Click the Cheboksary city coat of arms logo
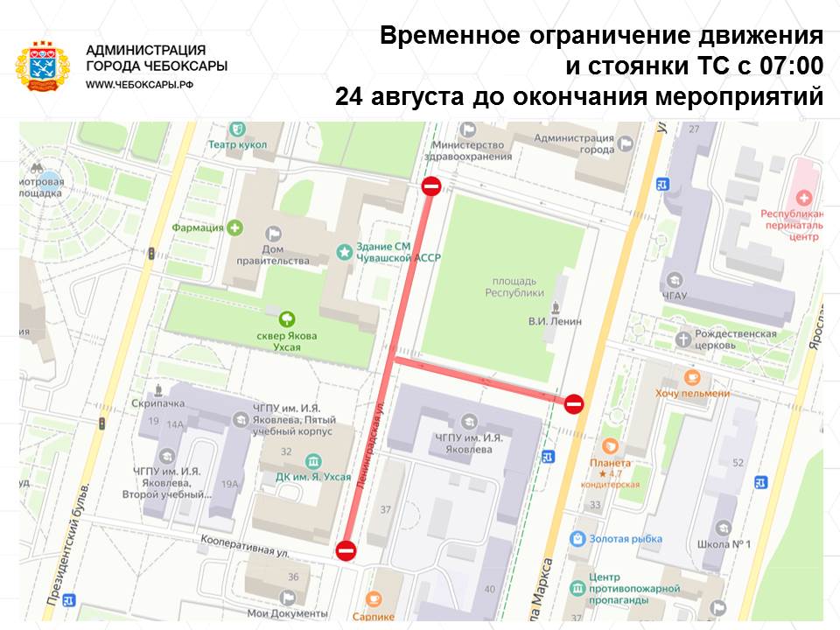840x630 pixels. click(42, 66)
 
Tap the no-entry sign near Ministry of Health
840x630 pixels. click(431, 185)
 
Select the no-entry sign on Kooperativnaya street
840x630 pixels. click(346, 550)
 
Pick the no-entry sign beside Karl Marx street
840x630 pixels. click(574, 403)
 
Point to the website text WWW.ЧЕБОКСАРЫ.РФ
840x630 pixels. click(140, 83)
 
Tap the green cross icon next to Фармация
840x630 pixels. click(234, 228)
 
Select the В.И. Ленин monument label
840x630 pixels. click(554, 321)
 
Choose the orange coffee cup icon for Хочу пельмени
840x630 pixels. click(692, 377)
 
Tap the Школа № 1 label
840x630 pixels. click(730, 544)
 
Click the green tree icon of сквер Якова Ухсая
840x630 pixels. click(286, 318)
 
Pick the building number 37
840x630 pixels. click(386, 509)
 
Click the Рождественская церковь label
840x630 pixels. click(736, 339)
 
